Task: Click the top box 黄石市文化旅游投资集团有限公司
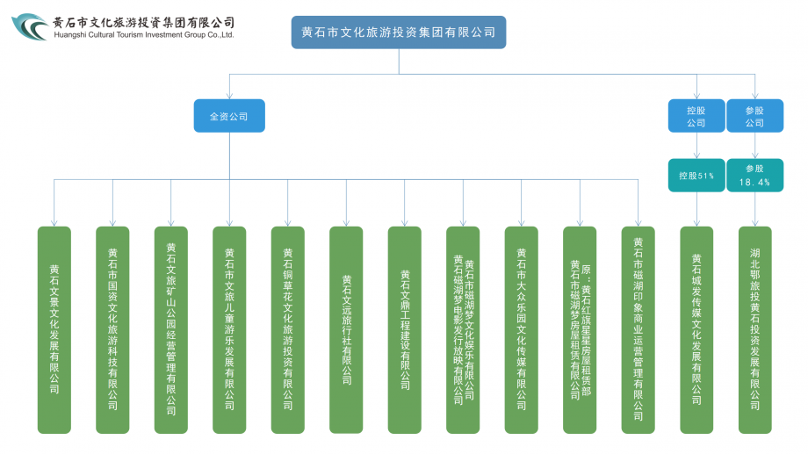(399, 32)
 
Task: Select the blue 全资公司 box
(229, 116)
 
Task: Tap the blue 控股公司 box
(696, 116)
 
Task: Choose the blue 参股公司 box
(754, 116)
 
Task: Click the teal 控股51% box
(696, 176)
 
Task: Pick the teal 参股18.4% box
(754, 176)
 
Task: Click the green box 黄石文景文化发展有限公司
(54, 329)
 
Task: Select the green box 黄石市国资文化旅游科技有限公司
(112, 329)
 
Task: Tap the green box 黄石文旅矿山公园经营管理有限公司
(171, 329)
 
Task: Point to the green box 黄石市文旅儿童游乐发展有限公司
(229, 329)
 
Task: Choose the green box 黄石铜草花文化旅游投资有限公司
(288, 329)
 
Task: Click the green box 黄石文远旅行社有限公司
(346, 329)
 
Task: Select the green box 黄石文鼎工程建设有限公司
(405, 329)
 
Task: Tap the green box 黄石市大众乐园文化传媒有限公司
(522, 329)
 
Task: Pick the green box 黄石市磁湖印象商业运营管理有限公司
(638, 329)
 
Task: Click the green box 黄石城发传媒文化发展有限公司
(696, 329)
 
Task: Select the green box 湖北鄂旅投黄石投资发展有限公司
(755, 329)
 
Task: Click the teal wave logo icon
(30, 27)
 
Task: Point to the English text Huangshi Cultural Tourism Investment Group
(143, 36)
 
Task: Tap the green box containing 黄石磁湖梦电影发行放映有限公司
(463, 329)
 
